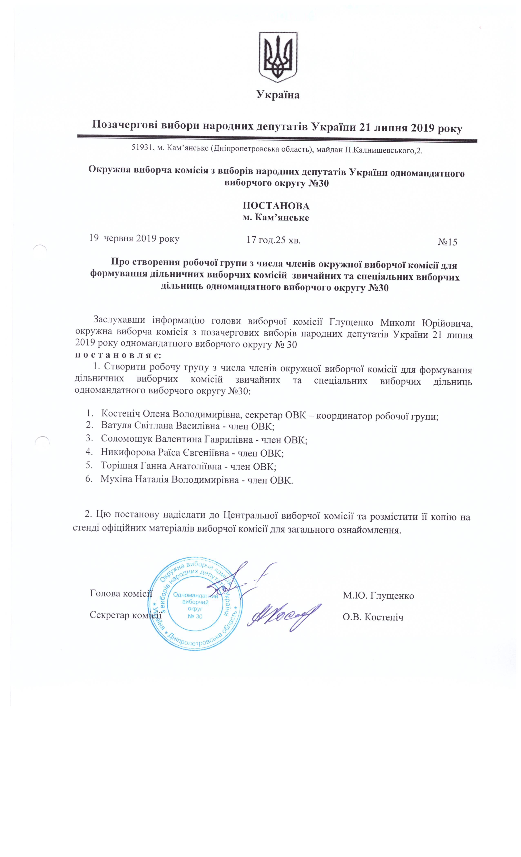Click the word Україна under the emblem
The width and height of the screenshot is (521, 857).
278,95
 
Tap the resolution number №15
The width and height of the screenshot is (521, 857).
447,242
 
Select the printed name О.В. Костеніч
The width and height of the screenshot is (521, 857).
373,617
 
